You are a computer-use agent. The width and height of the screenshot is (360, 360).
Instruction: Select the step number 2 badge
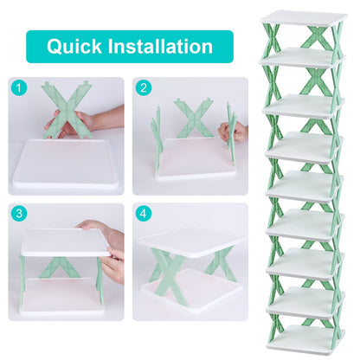[x=143, y=87]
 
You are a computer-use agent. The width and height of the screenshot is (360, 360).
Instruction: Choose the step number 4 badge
[x=143, y=212]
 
